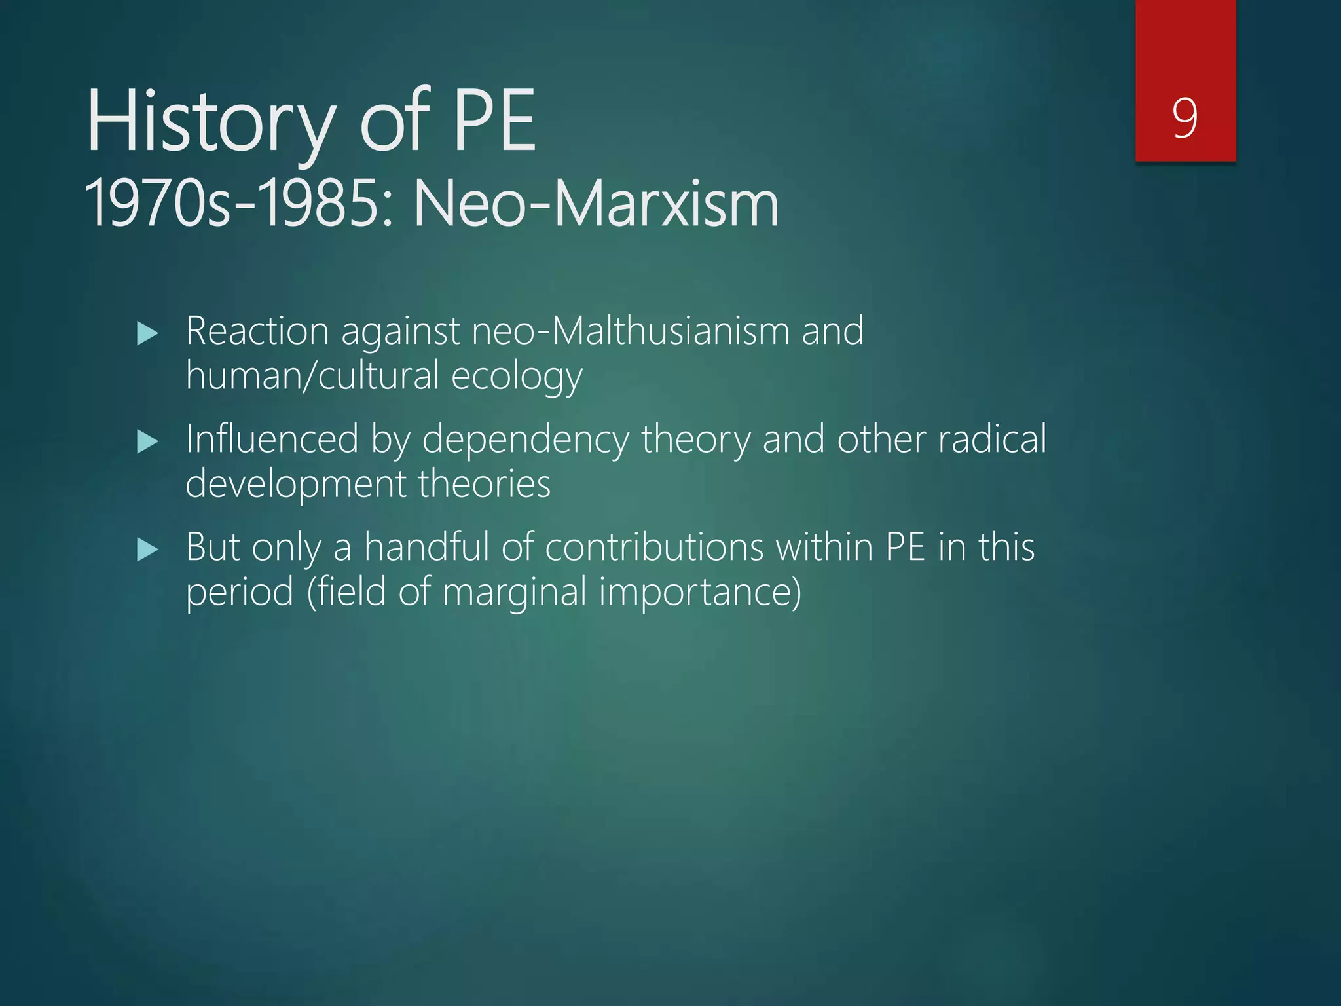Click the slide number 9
point(1185,118)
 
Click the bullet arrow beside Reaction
point(148,334)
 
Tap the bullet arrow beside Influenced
point(148,442)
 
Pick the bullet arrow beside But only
point(148,550)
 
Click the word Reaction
point(257,331)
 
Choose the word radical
point(992,439)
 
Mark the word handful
point(426,547)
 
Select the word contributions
point(653,547)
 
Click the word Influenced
point(272,439)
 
